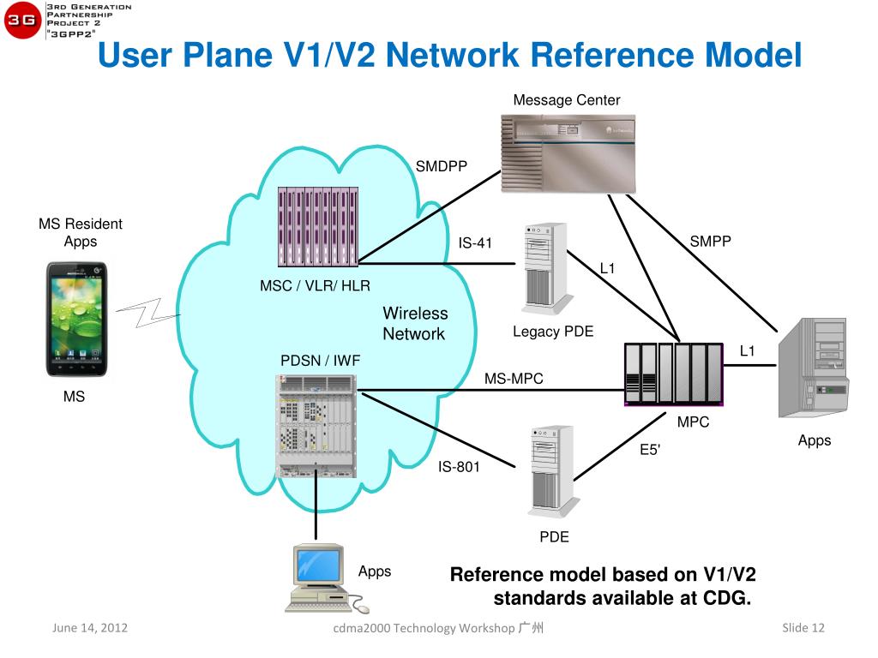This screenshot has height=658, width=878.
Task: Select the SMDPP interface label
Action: tap(442, 166)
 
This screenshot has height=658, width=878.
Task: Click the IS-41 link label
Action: tap(475, 242)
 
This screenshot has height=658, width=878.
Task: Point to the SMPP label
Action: tap(710, 242)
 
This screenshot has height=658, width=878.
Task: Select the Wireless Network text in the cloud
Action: tap(414, 324)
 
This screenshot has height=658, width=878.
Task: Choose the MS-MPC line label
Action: tap(514, 378)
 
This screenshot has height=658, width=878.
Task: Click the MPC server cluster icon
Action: tap(675, 373)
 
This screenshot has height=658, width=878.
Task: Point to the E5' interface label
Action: tap(650, 450)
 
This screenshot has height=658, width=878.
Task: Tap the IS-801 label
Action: tap(459, 467)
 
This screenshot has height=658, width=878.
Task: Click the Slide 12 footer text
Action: tap(803, 628)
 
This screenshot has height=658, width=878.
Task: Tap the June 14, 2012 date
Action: tap(90, 628)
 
